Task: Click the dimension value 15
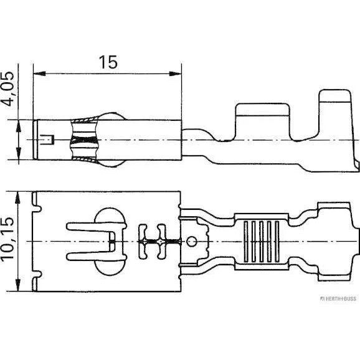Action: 108,62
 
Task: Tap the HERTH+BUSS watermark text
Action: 338,298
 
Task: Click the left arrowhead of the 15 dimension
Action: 39,73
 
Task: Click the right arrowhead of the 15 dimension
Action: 175,73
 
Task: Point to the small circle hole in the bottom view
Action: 191,242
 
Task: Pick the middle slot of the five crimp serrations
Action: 262,241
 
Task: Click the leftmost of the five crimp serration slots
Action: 246,241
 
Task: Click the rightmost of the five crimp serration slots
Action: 277,241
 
